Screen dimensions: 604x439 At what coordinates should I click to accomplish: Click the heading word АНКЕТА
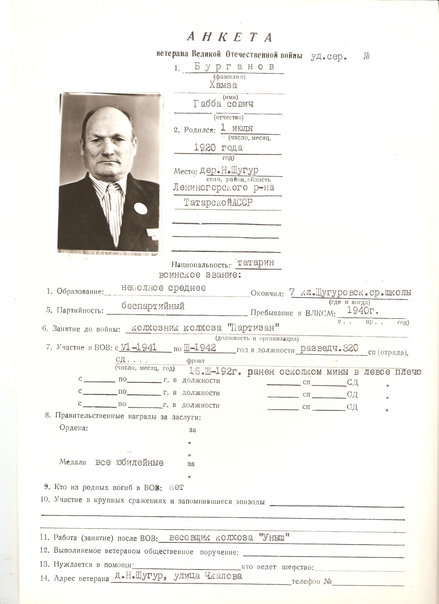[230, 37]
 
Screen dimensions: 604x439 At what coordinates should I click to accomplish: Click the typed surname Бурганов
[234, 67]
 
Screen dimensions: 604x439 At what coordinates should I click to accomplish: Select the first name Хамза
[223, 85]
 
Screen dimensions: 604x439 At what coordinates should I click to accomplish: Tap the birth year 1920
[204, 147]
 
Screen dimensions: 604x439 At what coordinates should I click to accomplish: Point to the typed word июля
[242, 128]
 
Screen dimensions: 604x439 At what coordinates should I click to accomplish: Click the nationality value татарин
[255, 262]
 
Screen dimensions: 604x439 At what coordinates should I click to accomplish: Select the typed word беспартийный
[153, 306]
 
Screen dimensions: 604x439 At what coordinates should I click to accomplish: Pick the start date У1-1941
[139, 347]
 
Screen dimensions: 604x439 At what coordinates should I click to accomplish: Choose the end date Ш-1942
[200, 347]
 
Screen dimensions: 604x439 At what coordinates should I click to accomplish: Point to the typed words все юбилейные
[129, 462]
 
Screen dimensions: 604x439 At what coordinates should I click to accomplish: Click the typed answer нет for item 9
[176, 487]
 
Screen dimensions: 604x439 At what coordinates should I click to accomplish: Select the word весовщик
[189, 537]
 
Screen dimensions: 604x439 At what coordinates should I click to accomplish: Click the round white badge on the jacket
[140, 208]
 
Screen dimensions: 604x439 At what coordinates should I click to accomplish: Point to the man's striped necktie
[115, 210]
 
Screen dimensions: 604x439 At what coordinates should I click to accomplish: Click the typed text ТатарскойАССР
[218, 203]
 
